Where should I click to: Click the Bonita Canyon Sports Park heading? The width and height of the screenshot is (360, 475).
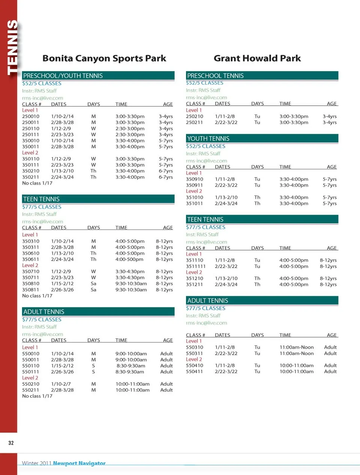click(x=104, y=59)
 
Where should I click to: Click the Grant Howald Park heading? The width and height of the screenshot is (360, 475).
click(x=257, y=59)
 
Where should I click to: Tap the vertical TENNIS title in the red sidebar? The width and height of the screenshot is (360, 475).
click(x=12, y=47)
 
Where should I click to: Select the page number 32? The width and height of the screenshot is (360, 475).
click(x=11, y=443)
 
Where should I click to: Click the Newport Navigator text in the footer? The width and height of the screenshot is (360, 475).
click(x=79, y=463)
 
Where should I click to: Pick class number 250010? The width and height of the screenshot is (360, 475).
click(x=31, y=116)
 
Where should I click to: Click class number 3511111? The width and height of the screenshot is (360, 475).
click(x=196, y=266)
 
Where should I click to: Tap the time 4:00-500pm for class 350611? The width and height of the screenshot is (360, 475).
click(x=129, y=259)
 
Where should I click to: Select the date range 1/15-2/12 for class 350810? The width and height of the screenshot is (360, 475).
click(x=62, y=284)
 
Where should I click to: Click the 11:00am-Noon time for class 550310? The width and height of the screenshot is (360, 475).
click(x=297, y=347)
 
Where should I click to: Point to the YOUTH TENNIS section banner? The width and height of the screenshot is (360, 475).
click(x=262, y=138)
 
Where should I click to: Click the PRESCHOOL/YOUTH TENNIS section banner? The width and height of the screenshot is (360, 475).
click(x=98, y=76)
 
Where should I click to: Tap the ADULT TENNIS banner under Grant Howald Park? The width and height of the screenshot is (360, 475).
click(x=262, y=301)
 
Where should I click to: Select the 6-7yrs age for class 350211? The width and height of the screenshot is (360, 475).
click(x=166, y=177)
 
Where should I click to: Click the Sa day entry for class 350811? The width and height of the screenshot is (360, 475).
click(x=93, y=290)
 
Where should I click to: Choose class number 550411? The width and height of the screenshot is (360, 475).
click(x=195, y=371)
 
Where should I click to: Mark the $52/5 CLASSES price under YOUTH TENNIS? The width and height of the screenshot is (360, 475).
click(x=205, y=146)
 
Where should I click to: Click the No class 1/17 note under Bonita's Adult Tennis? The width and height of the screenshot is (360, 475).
click(x=37, y=396)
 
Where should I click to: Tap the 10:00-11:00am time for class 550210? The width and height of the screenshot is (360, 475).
click(x=132, y=384)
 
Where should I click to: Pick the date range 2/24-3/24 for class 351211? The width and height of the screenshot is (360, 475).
click(x=226, y=284)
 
